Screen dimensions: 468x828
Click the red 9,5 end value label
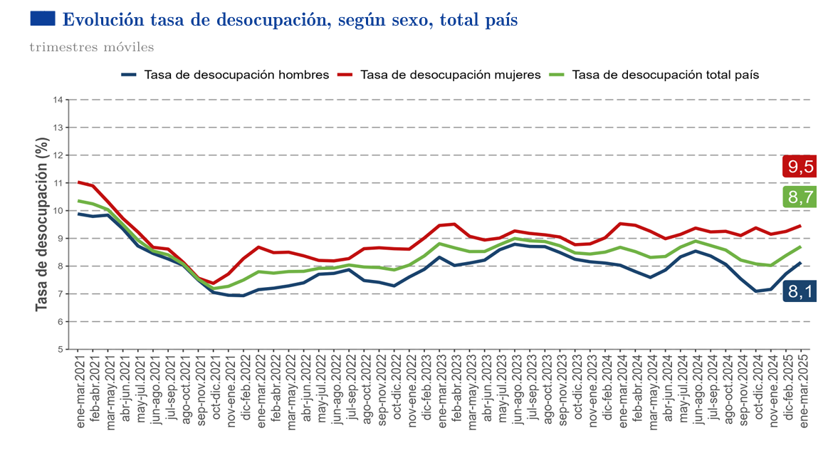click(x=800, y=167)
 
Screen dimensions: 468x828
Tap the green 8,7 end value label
click(x=800, y=197)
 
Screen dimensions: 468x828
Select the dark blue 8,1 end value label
click(x=800, y=290)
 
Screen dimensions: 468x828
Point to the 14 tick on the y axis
click(x=58, y=100)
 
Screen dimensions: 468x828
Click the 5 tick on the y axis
click(x=61, y=350)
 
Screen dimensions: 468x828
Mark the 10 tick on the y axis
click(x=58, y=211)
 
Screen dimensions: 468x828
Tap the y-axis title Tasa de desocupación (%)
click(x=41, y=224)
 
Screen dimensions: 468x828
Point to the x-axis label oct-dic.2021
click(x=215, y=389)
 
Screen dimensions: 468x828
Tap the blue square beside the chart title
click(x=43, y=19)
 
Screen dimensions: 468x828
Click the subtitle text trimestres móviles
click(x=91, y=48)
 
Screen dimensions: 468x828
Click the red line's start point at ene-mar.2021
click(x=78, y=182)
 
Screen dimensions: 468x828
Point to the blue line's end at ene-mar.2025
click(x=802, y=263)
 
